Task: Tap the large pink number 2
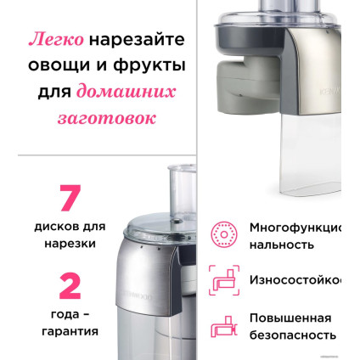click(70, 285)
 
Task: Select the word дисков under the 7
click(59, 227)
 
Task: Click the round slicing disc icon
click(224, 234)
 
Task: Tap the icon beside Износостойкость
click(224, 279)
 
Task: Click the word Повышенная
click(290, 318)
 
